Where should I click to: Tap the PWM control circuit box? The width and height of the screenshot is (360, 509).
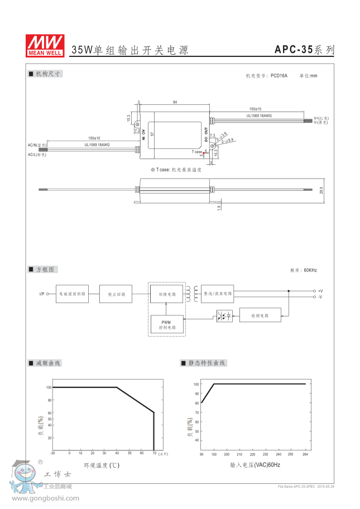point(166,325)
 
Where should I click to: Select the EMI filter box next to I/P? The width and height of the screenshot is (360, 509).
point(72,294)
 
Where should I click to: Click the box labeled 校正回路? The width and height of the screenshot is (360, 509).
point(116,294)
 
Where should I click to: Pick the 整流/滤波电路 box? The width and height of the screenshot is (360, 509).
point(218,293)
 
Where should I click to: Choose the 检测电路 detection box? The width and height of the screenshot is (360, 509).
point(260,315)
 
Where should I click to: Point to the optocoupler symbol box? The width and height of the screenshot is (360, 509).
point(224,316)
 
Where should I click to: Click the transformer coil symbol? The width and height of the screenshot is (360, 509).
point(193,294)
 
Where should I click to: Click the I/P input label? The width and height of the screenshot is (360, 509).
point(42,294)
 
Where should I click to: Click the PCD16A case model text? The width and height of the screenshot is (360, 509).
point(279,75)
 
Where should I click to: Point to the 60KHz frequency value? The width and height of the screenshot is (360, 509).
point(310,270)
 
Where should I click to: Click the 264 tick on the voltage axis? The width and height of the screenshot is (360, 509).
point(305,454)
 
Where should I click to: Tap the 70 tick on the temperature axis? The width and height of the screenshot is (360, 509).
point(153,453)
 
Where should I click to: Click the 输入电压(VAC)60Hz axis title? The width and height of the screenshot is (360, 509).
point(255,464)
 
